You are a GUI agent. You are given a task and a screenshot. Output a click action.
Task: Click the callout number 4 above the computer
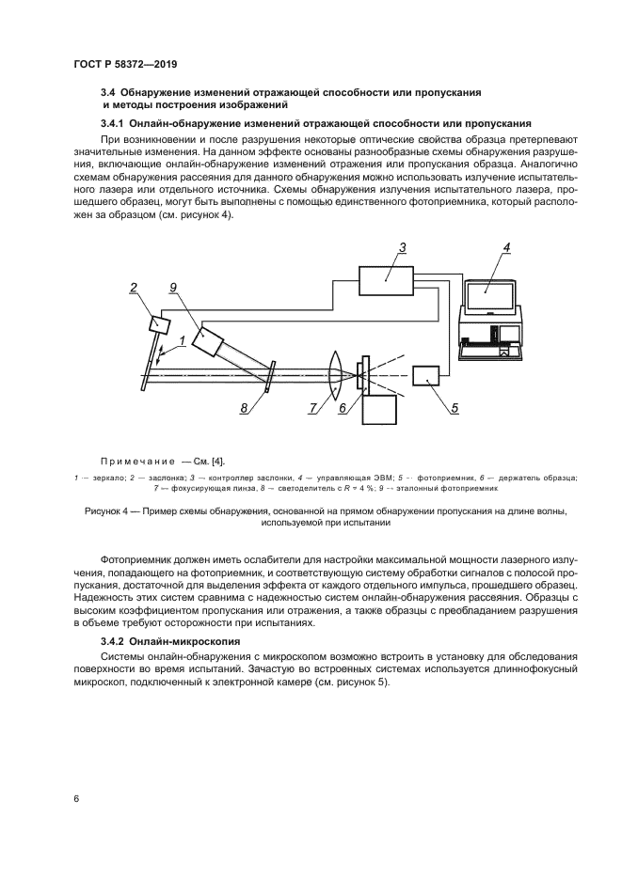click(505, 248)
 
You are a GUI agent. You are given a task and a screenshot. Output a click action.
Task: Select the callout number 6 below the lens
click(343, 409)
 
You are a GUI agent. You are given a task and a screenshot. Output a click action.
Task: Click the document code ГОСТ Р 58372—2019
click(125, 64)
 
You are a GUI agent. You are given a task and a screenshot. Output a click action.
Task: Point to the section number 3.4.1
click(116, 123)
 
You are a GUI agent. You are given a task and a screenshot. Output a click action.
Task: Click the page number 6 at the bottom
click(76, 798)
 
